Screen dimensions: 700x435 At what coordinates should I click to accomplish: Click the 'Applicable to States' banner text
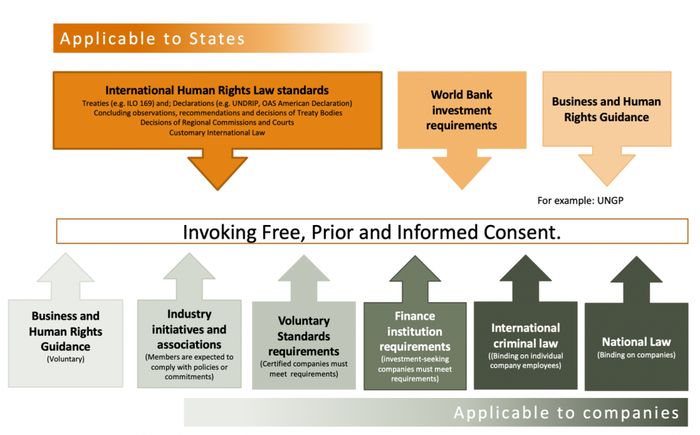click(152, 39)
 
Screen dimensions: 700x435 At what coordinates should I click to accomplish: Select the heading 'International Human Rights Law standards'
click(217, 90)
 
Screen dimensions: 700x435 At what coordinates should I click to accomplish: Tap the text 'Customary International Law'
click(217, 133)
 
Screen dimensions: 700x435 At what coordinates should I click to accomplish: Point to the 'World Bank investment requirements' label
click(461, 110)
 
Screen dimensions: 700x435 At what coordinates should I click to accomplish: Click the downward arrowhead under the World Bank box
click(462, 172)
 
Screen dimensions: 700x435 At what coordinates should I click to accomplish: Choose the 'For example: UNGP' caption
click(580, 200)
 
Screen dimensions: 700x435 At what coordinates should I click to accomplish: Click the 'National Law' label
click(636, 342)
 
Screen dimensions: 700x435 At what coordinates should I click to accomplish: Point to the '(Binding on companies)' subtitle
click(636, 355)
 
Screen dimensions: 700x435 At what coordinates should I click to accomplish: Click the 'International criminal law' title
click(526, 335)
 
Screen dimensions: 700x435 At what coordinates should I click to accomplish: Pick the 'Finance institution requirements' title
click(415, 332)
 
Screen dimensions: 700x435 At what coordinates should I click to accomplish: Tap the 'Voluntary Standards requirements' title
click(304, 336)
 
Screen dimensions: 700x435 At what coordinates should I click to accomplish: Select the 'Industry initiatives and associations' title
click(189, 329)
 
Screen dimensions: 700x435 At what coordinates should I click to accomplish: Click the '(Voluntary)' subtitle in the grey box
click(66, 359)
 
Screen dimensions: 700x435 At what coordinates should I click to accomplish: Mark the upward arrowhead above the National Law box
click(636, 269)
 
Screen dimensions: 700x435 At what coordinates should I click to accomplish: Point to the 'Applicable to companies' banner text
click(567, 412)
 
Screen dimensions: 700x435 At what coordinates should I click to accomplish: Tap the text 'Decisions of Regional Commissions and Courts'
click(217, 122)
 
